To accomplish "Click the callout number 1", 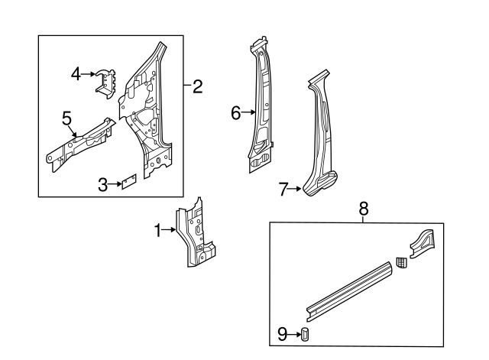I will [159, 230].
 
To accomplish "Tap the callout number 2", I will [197, 86].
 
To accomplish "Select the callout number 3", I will [102, 183].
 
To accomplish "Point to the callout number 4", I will [76, 73].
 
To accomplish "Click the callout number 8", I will [363, 207].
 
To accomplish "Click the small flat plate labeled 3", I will [128, 182].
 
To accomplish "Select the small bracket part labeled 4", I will [104, 81].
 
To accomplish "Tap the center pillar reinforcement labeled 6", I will [260, 107].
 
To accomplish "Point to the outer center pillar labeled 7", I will [321, 141].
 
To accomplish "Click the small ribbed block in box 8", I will [401, 264].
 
